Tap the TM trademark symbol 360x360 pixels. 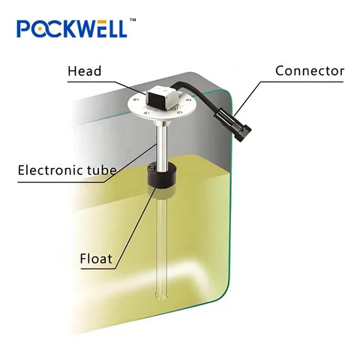point(133,20)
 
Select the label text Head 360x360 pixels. point(85,71)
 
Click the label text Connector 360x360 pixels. point(310,71)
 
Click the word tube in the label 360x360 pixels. point(102,170)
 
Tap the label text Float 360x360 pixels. point(96,259)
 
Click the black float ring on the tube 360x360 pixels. point(160,175)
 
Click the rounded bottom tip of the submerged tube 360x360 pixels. point(161,297)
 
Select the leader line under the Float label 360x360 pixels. point(98,268)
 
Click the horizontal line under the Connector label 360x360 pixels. point(301,82)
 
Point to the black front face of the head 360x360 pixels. point(155,100)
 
